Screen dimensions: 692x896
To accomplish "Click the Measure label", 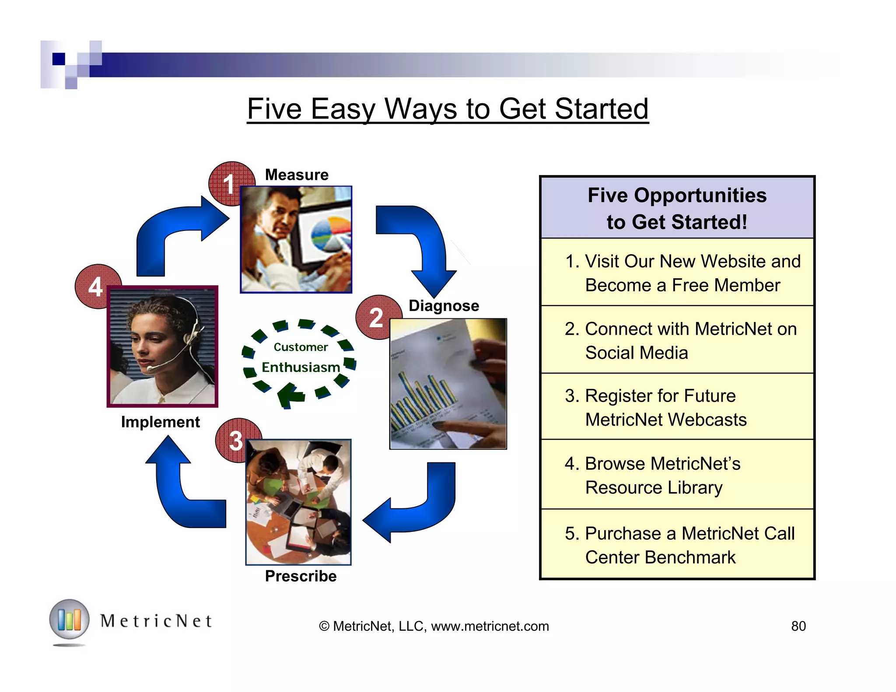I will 297,175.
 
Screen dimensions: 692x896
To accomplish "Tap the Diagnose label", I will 444,305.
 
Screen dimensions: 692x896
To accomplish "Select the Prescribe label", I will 301,576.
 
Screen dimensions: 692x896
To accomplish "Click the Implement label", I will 160,422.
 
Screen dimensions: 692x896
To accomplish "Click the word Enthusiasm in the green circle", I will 301,367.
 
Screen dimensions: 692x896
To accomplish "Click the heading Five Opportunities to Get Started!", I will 677,208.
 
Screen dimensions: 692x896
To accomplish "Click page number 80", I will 798,626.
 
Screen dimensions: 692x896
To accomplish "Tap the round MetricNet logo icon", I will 69,620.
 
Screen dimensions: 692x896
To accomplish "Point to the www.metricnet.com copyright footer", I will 434,626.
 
